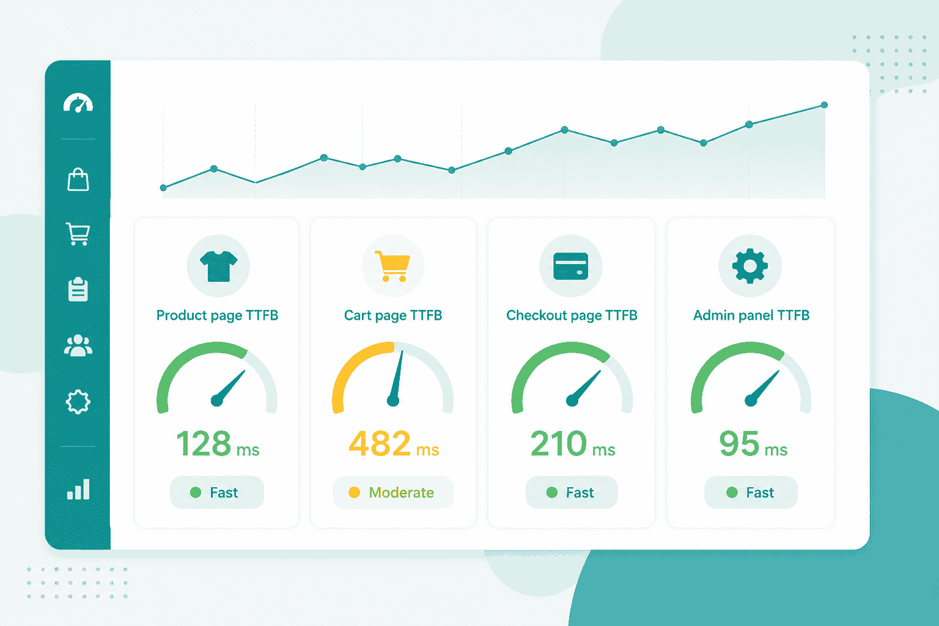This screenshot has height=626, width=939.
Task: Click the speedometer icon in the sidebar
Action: [x=78, y=103]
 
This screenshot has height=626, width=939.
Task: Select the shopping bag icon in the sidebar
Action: [x=78, y=180]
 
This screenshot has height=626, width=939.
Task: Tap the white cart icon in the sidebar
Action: [x=78, y=234]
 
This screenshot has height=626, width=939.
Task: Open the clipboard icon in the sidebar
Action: [x=78, y=289]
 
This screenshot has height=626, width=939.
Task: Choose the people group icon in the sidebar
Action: [x=78, y=345]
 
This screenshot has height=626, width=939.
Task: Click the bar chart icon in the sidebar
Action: [x=78, y=489]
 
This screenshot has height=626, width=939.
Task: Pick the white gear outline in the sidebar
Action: [x=78, y=402]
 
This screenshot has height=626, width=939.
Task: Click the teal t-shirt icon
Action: [x=218, y=267]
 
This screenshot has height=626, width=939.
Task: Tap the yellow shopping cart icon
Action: [x=392, y=267]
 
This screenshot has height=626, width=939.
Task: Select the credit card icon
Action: [x=570, y=266]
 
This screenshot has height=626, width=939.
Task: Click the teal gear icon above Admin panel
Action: [x=750, y=266]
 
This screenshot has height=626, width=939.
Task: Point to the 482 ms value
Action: [x=394, y=444]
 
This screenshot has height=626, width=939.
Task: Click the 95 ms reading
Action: [x=753, y=444]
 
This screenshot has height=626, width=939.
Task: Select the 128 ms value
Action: [x=218, y=444]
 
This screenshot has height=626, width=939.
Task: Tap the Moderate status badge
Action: [x=393, y=492]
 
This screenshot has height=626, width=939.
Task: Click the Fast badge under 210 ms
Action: [x=572, y=492]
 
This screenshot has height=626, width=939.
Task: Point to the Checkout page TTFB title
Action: [x=572, y=315]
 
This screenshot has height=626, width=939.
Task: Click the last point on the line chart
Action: [x=824, y=105]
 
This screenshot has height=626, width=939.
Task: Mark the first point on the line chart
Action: [x=163, y=188]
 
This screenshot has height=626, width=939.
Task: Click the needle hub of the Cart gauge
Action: [x=393, y=401]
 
